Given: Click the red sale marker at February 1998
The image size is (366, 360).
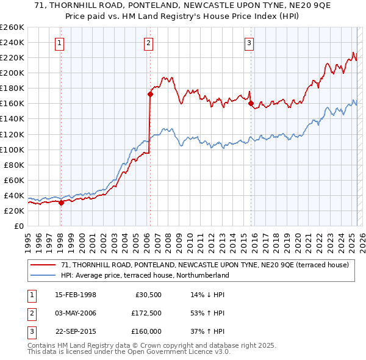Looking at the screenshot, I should tap(61, 203).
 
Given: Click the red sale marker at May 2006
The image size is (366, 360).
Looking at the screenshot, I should tap(149, 94).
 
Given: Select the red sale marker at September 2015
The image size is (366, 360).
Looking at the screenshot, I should tap(251, 104).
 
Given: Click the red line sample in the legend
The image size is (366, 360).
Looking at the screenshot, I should tap(44, 265).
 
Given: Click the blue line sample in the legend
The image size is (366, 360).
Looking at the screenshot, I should tap(44, 275).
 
